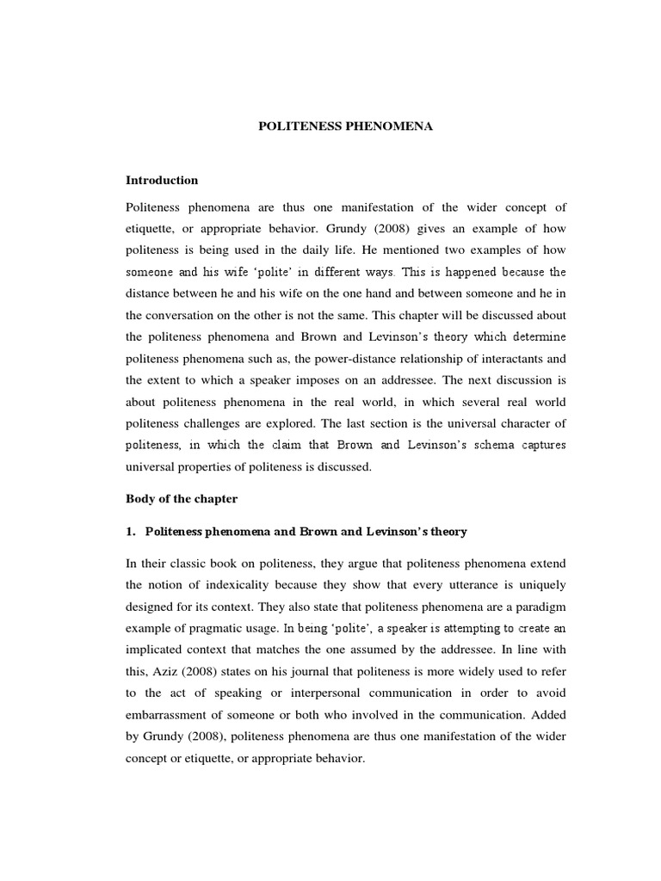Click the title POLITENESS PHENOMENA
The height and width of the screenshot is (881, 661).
coord(347,126)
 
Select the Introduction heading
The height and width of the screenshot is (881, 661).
coord(162,181)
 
